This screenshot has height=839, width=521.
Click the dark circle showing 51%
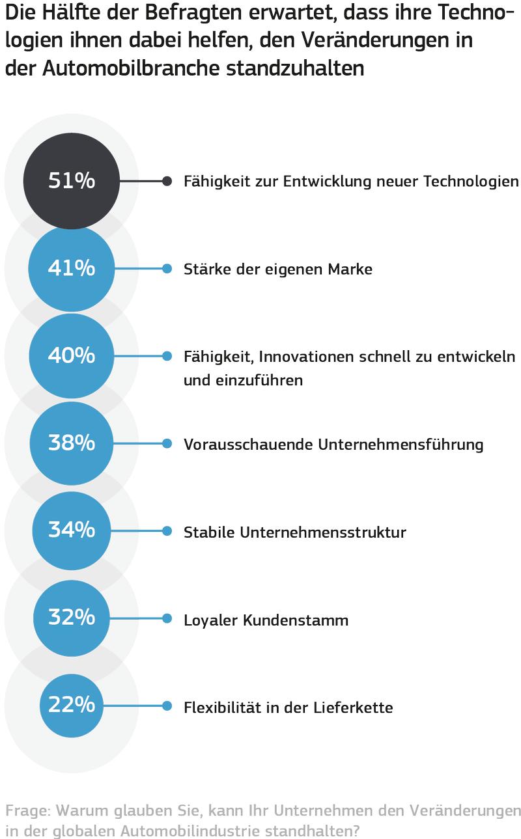72,181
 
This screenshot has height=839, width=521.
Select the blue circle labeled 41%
72,268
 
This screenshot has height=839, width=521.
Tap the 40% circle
72,356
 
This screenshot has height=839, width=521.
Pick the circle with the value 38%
72,444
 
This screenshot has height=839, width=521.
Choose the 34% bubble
72,531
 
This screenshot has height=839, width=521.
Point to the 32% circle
72,618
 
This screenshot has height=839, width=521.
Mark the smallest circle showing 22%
72,706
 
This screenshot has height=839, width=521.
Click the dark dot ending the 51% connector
167,181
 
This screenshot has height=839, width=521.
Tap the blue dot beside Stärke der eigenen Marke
167,268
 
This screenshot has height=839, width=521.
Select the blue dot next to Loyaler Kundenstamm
167,618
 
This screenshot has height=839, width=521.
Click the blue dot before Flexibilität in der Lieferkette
167,706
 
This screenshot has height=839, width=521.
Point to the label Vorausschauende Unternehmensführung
333,445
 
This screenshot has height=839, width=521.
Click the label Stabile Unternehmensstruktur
294,532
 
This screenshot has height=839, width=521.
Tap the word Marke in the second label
351,269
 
